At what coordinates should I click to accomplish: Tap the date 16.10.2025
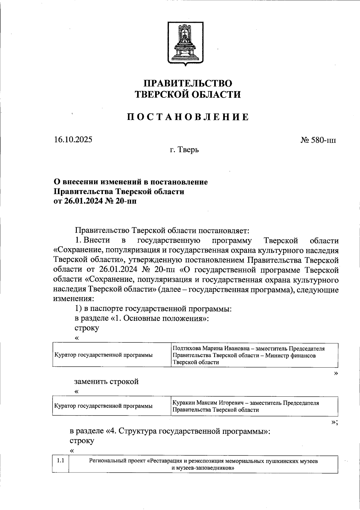73,139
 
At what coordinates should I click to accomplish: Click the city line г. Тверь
184,149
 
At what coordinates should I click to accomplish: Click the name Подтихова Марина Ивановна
210,349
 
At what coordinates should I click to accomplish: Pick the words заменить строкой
106,382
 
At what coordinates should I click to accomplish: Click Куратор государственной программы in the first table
103,355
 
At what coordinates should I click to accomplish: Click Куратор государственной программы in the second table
103,406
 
